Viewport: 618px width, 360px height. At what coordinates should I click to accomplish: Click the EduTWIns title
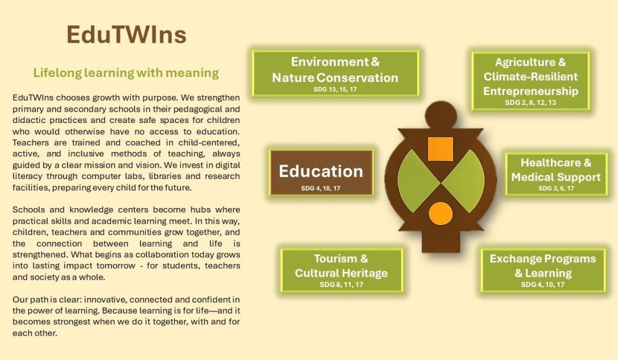(x=126, y=34)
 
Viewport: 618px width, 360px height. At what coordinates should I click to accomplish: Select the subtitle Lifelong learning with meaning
(x=126, y=73)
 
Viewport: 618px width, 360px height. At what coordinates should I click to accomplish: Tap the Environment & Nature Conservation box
(x=335, y=74)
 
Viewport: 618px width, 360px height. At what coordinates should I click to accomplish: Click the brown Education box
(x=321, y=172)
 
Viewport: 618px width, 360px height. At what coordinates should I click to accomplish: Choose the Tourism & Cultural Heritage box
(x=342, y=271)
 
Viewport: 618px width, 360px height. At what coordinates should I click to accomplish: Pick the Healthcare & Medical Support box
(x=556, y=174)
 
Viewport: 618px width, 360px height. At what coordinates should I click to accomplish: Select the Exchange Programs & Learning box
(x=543, y=271)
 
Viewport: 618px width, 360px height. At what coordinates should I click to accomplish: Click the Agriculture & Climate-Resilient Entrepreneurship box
(x=531, y=81)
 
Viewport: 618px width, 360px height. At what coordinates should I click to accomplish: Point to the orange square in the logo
(x=440, y=149)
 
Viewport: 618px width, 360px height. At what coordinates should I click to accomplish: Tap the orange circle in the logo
(x=441, y=213)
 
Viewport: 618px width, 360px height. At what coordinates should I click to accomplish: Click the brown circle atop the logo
(x=441, y=116)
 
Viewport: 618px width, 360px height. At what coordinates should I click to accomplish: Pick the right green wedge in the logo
(x=464, y=181)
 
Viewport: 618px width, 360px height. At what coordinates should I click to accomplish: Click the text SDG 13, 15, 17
(x=335, y=89)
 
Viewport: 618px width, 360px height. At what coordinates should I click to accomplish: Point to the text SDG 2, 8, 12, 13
(x=531, y=103)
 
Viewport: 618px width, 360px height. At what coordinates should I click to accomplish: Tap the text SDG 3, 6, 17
(x=556, y=189)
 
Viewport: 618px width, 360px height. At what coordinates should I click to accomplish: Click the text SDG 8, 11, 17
(x=341, y=285)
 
